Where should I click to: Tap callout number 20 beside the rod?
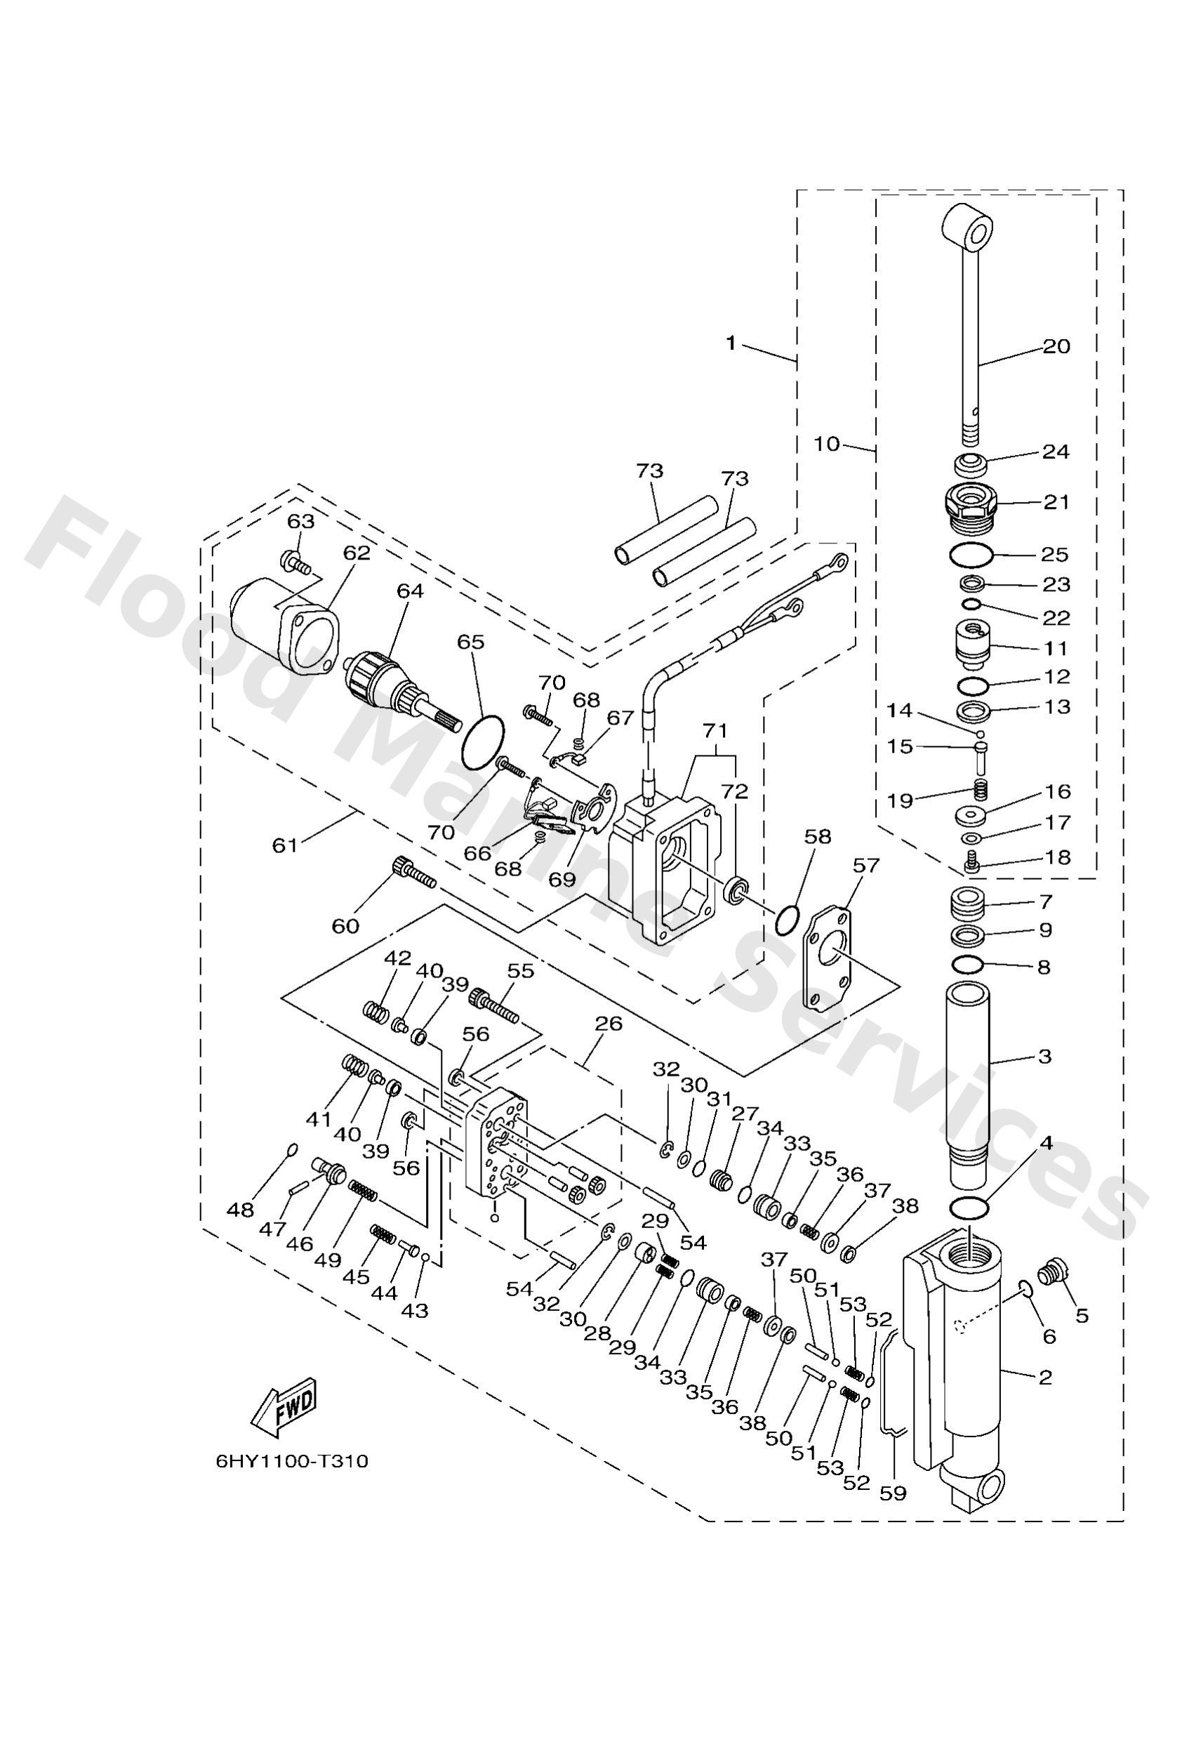tap(1057, 347)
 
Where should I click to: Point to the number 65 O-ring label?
tap(472, 642)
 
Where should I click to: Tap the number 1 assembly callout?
tap(731, 343)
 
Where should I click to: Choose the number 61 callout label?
tap(285, 845)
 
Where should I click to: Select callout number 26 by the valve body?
tap(609, 1023)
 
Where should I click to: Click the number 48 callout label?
tap(241, 1210)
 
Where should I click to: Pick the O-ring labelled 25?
tap(971, 555)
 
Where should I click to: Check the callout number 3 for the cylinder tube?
tap(1044, 1056)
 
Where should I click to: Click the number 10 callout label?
tap(828, 444)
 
